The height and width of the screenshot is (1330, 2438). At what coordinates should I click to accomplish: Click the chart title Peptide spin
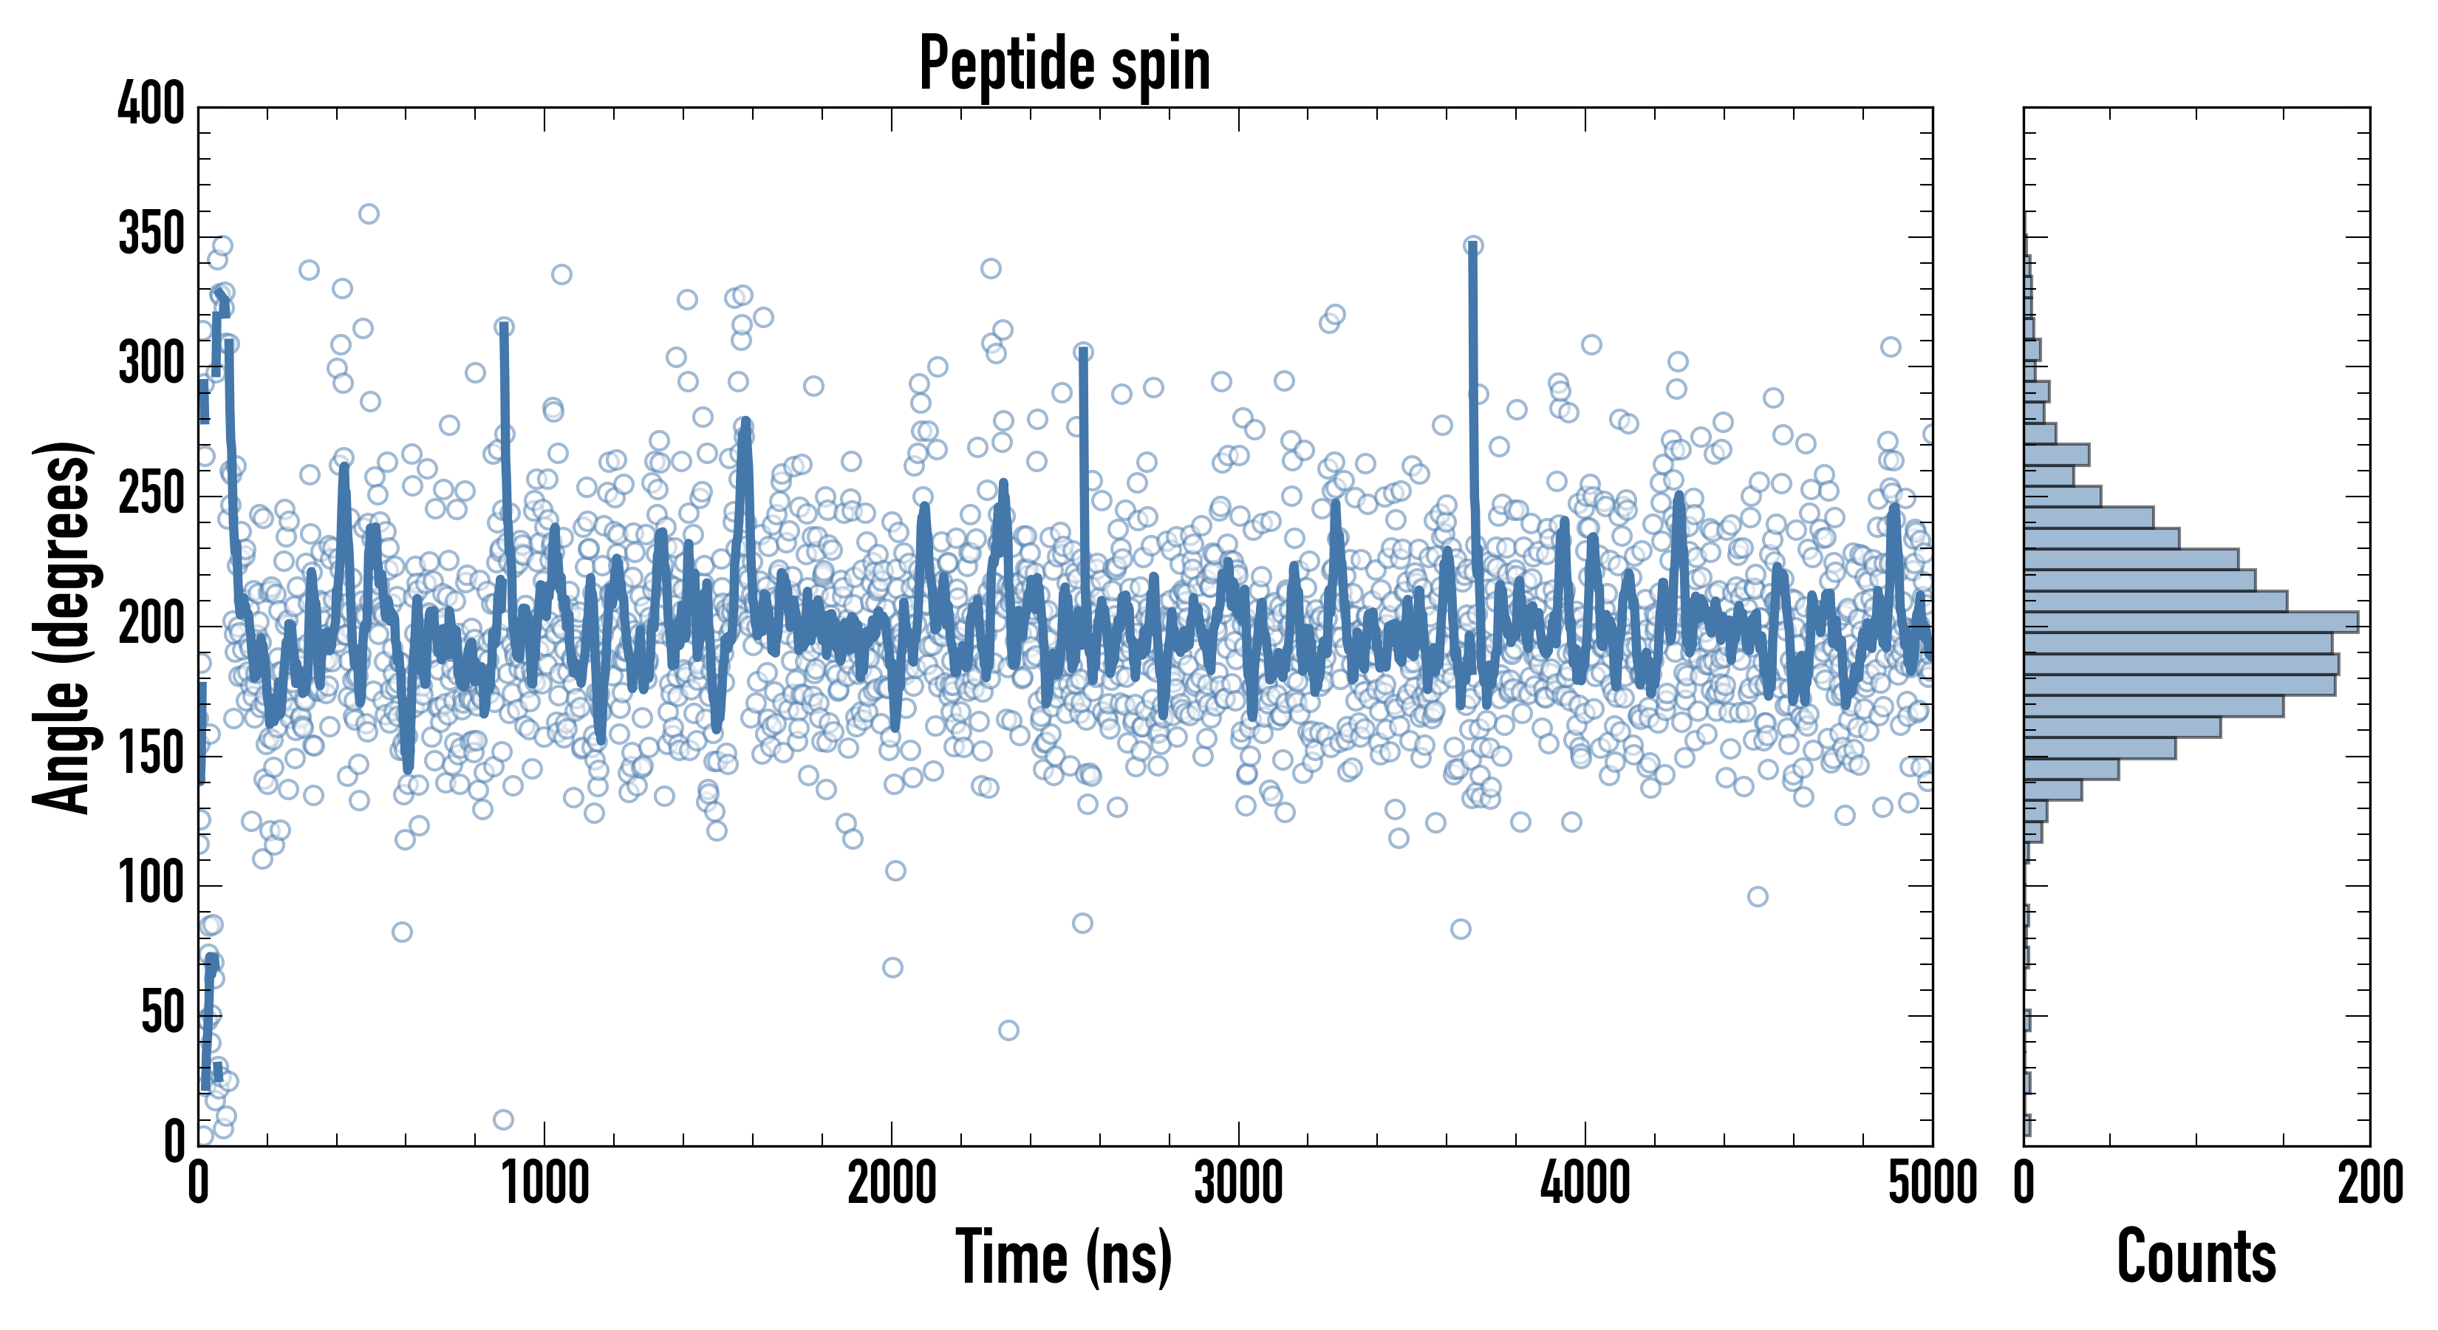coord(1064,64)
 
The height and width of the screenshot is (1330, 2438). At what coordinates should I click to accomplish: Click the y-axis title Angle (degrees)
coord(63,627)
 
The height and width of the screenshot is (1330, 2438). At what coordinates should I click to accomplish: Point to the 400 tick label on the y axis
coord(151,104)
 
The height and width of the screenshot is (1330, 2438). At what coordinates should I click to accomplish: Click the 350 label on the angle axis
coord(151,235)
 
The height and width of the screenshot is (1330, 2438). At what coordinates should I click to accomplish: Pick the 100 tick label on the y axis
coord(151,884)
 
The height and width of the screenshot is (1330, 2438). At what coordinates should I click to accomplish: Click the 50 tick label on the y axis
coord(163,1014)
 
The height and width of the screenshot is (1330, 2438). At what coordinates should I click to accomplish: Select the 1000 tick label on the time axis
coord(544,1183)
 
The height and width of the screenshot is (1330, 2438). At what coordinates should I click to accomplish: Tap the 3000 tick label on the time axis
coord(1238,1183)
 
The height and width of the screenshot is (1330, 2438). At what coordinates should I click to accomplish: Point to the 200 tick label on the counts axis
coord(2370,1183)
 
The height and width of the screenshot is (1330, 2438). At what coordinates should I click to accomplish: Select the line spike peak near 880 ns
coord(504,327)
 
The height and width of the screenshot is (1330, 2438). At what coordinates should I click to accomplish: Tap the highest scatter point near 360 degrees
coord(368,214)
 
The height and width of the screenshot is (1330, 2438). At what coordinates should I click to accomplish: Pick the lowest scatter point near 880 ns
coord(504,1120)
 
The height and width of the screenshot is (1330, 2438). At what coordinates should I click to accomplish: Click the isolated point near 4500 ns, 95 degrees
coord(1758,896)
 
